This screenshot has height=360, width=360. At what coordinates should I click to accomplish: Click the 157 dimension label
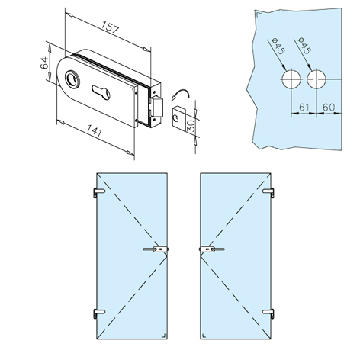pos(111,27)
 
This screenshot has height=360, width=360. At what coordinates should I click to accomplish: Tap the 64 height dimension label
pos(44,63)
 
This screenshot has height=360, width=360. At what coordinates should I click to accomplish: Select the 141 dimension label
pos(95,130)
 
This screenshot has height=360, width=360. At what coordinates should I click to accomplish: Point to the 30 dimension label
pos(191,126)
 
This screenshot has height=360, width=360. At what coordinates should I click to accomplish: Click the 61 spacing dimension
pos(304,108)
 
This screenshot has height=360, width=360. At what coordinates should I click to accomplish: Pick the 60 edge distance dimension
pos(329,108)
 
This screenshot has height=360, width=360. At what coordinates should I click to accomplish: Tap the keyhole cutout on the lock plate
pos(101,92)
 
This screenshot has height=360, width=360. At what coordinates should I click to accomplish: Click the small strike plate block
pos(179,117)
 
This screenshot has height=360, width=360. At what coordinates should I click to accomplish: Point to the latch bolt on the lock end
pos(158,107)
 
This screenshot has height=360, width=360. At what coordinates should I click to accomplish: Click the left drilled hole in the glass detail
pos(291,79)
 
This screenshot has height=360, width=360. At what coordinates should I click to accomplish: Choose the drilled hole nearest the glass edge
pos(317,79)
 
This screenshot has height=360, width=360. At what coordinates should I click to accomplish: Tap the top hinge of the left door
pos(98,192)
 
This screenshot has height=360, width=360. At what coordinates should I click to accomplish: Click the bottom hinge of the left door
pos(98,313)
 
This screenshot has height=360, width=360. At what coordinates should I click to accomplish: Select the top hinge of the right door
pos(268,192)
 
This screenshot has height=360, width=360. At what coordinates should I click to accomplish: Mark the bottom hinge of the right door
pos(268,313)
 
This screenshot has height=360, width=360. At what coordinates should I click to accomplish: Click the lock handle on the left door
pos(156,249)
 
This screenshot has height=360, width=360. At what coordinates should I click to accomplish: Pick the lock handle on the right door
pos(212,249)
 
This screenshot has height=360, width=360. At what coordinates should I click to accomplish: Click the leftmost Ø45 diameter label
pos(278,46)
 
